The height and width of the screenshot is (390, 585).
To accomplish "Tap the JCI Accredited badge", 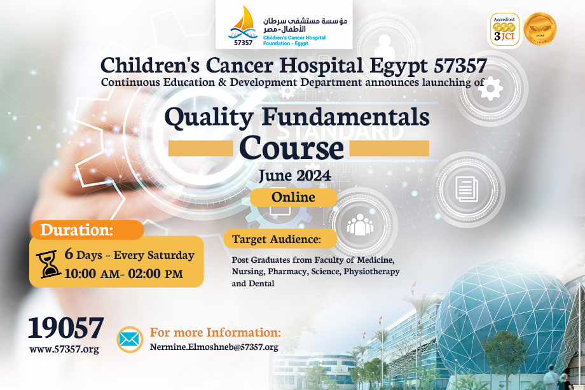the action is pyautogui.click(x=504, y=29).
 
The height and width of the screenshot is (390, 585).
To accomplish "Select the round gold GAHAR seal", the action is pyautogui.click(x=540, y=29).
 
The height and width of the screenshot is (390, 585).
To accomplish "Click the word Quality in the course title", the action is pyautogui.click(x=209, y=118).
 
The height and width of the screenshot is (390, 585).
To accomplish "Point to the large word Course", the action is pyautogui.click(x=291, y=148).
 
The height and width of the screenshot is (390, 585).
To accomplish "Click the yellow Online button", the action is pyautogui.click(x=293, y=197).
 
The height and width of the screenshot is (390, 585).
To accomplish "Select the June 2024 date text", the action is pyautogui.click(x=295, y=176).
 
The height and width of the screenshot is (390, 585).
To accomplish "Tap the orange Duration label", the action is pyautogui.click(x=86, y=230).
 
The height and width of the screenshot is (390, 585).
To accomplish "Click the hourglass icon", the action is pyautogui.click(x=48, y=264).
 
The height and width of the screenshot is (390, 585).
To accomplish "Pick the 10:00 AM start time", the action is pyautogui.click(x=92, y=274).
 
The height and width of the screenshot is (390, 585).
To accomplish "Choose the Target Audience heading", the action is pyautogui.click(x=277, y=239).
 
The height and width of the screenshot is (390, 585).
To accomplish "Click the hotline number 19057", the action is pyautogui.click(x=65, y=328).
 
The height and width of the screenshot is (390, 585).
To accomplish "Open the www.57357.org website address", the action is pyautogui.click(x=64, y=349).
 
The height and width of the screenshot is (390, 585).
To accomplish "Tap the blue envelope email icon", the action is pyautogui.click(x=130, y=340).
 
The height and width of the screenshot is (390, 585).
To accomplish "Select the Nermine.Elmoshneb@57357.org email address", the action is pyautogui.click(x=214, y=347).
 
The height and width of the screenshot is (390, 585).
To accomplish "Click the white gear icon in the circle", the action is pyautogui.click(x=490, y=88).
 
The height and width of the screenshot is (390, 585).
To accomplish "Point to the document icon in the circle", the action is pyautogui.click(x=467, y=189).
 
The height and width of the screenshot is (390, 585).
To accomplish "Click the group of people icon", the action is pyautogui.click(x=360, y=225).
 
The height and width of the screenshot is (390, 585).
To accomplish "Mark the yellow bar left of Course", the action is pyautogui.click(x=201, y=148).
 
